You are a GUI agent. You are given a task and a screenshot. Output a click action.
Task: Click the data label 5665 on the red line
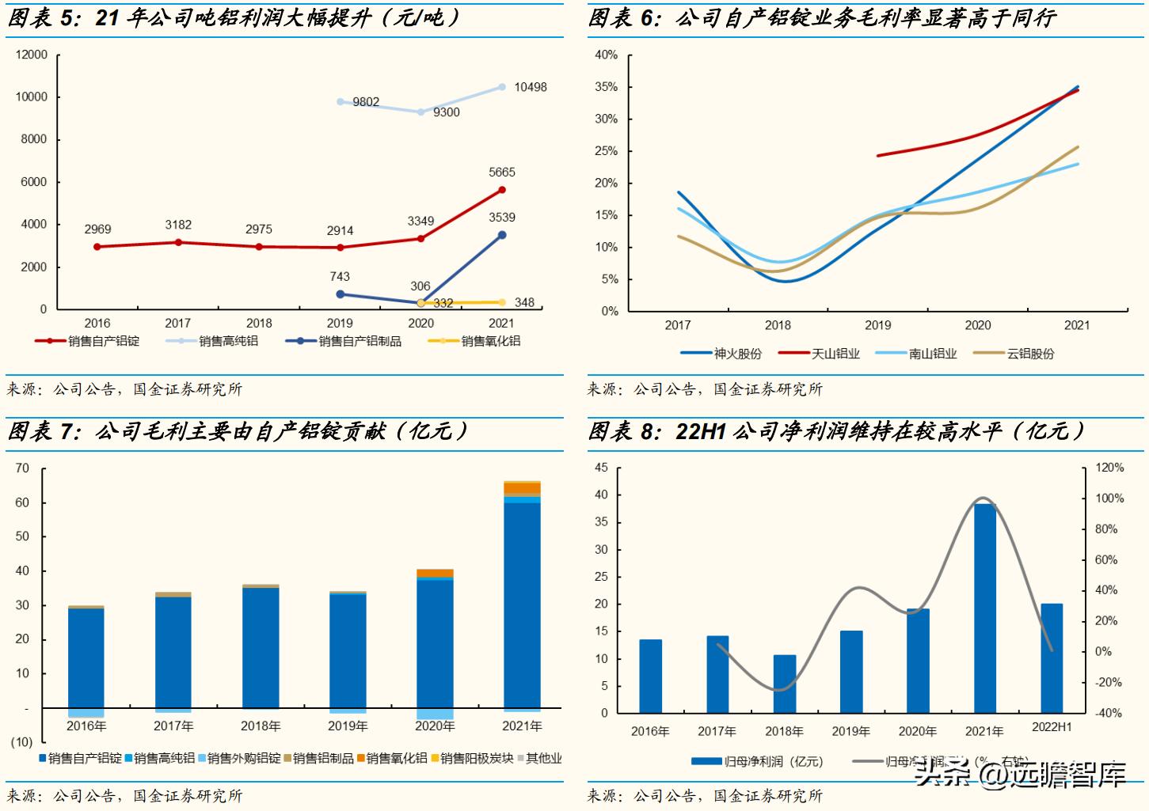click(x=502, y=172)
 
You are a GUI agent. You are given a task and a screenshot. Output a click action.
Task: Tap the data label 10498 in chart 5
click(x=530, y=87)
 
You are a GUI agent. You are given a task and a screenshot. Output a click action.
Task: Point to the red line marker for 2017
click(x=178, y=242)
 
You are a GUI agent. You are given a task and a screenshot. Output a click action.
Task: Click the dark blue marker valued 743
click(x=341, y=294)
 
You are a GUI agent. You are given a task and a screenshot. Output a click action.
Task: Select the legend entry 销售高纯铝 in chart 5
click(x=228, y=341)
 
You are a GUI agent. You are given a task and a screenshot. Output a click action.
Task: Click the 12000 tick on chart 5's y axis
click(x=32, y=55)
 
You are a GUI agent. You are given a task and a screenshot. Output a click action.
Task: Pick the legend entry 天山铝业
click(x=835, y=354)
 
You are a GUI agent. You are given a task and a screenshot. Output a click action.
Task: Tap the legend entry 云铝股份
click(x=1030, y=354)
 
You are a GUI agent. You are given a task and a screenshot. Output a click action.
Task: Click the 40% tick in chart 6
click(x=607, y=55)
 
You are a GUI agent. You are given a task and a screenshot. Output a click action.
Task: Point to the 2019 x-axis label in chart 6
click(x=877, y=325)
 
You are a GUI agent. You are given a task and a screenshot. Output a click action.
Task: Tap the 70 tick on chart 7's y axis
click(x=22, y=468)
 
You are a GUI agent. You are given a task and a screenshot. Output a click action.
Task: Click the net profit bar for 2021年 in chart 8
click(x=984, y=608)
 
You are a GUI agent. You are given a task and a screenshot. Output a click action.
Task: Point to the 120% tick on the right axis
click(x=1109, y=468)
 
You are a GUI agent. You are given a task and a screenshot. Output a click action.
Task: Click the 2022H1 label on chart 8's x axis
click(x=1052, y=727)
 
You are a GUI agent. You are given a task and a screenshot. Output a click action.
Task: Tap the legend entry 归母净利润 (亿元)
click(x=773, y=761)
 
